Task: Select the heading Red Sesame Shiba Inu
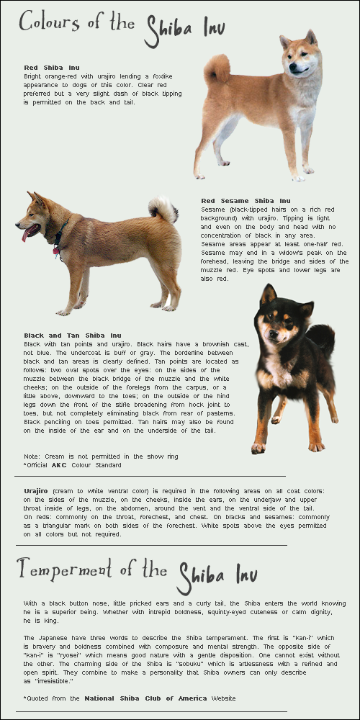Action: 246,200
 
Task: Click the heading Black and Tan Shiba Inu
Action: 72,335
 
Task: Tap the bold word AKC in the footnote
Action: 60,465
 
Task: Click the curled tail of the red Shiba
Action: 216,69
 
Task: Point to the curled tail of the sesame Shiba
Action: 164,209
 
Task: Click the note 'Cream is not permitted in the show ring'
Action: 101,456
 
